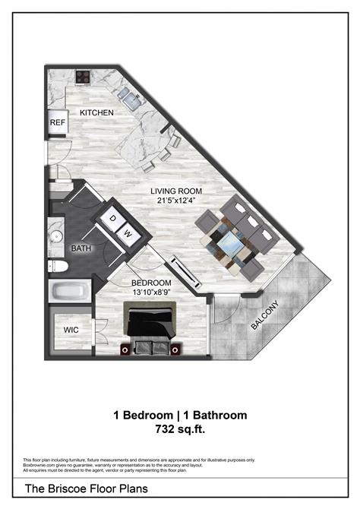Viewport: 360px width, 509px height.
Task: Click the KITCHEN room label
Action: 97,113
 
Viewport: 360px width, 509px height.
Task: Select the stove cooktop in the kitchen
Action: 83,77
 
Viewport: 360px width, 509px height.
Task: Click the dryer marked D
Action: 113,219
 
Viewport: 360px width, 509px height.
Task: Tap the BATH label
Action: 81,248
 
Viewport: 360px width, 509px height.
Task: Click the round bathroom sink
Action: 56,233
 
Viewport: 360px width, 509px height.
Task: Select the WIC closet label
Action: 71,330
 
